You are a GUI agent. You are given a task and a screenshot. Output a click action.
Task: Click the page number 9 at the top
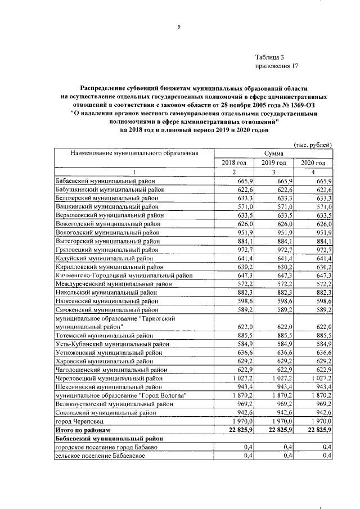pyautogui.click(x=178, y=26)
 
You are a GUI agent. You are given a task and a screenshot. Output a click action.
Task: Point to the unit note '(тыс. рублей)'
pyautogui.click(x=313, y=144)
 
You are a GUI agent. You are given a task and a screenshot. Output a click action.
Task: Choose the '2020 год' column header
pyautogui.click(x=313, y=163)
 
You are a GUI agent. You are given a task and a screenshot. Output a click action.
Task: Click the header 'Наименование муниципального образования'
pyautogui.click(x=134, y=153)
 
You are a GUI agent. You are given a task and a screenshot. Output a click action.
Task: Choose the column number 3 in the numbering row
pyautogui.click(x=273, y=172)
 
